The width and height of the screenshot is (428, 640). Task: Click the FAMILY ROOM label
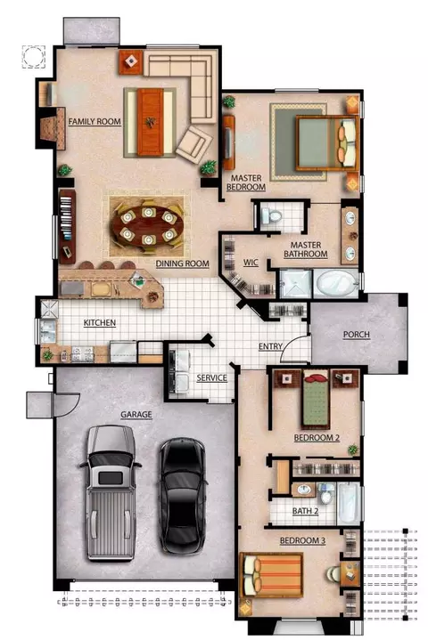pyautogui.click(x=95, y=121)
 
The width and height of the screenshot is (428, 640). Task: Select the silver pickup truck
pyautogui.click(x=111, y=492)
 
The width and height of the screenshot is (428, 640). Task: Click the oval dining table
pyautogui.click(x=148, y=224)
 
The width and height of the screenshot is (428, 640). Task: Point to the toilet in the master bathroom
pyautogui.click(x=271, y=215)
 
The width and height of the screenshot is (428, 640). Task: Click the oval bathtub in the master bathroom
pyautogui.click(x=335, y=282)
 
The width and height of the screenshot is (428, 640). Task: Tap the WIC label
pyautogui.click(x=251, y=263)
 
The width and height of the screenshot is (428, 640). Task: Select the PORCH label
pyautogui.click(x=357, y=335)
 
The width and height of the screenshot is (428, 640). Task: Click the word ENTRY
pyautogui.click(x=270, y=346)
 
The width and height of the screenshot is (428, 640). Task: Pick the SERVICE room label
pyautogui.click(x=211, y=378)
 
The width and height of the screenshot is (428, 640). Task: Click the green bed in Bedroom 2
pyautogui.click(x=316, y=399)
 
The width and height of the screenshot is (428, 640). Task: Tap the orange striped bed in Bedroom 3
pyautogui.click(x=272, y=575)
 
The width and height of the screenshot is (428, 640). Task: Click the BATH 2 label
pyautogui.click(x=305, y=511)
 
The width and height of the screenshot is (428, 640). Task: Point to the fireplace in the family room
pyautogui.click(x=53, y=128)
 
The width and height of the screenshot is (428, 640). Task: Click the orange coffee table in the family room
pyautogui.click(x=151, y=122)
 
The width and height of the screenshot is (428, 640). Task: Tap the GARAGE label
pyautogui.click(x=136, y=415)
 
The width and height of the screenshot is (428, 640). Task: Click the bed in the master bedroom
pyautogui.click(x=327, y=142)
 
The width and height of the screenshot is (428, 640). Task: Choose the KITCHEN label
pyautogui.click(x=100, y=323)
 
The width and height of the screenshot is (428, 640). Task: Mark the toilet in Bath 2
pyautogui.click(x=325, y=494)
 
